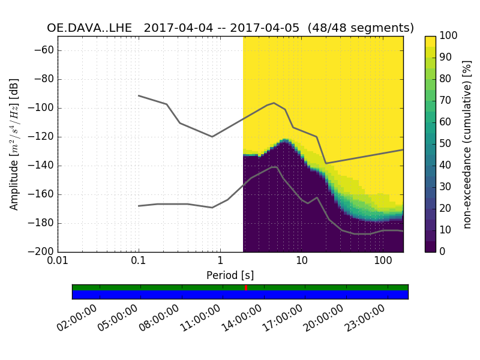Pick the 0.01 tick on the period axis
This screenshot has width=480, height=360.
58,262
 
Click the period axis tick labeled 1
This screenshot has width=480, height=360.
220,262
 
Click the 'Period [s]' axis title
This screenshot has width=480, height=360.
230,275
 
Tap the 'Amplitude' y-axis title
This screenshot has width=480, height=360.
14,144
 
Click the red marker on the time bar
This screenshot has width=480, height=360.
246,288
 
